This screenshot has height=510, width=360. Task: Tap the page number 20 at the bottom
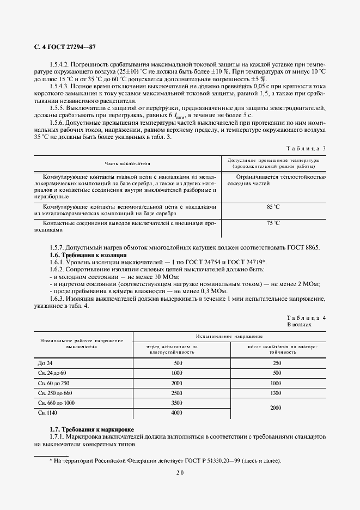tap(180, 473)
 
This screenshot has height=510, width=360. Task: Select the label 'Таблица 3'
tap(306, 148)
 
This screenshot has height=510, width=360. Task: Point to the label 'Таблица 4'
tap(306, 318)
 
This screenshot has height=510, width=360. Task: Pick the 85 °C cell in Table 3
tap(273, 207)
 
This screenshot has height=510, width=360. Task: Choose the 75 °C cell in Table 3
tap(273, 223)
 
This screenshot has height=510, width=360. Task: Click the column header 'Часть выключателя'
tap(127, 163)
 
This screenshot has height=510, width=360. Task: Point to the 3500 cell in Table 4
tap(176, 403)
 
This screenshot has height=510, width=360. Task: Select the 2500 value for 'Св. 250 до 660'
tap(176, 393)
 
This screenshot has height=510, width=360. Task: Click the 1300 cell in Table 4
tap(277, 393)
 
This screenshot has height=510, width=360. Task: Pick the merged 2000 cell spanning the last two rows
tap(277, 408)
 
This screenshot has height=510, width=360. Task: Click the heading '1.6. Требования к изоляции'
tap(88, 255)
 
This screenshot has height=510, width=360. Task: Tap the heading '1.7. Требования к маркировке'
tap(91, 430)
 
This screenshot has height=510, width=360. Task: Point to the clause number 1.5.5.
tap(58, 108)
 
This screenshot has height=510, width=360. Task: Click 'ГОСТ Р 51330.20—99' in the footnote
tap(204, 461)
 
